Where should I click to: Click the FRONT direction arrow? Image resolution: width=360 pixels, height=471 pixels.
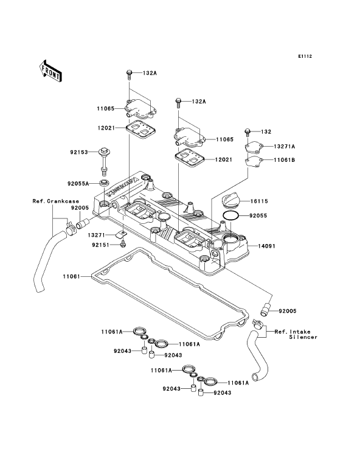tap(50, 71)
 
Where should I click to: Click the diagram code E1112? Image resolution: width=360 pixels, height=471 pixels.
tap(305, 56)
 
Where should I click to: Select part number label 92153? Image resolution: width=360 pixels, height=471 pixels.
tap(79, 152)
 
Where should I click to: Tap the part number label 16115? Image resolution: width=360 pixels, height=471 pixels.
tap(259, 201)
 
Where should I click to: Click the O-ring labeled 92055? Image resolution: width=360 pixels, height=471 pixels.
tap(230, 215)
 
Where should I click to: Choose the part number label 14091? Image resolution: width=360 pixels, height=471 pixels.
tap(267, 246)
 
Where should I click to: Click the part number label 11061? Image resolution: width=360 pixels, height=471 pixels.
tap(72, 276)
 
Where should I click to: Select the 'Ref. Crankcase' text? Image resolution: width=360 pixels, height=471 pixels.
tap(55, 201)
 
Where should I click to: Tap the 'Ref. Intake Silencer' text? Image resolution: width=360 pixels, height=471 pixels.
tap(296, 335)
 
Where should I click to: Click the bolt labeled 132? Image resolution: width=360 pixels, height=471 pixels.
tap(247, 132)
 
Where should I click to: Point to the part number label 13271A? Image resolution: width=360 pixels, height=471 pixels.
tap(285, 147)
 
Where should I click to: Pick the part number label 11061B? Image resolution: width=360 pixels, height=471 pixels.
tap(285, 160)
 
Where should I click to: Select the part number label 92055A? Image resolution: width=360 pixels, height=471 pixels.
tap(78, 184)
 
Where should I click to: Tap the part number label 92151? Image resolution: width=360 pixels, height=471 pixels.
tap(101, 245)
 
